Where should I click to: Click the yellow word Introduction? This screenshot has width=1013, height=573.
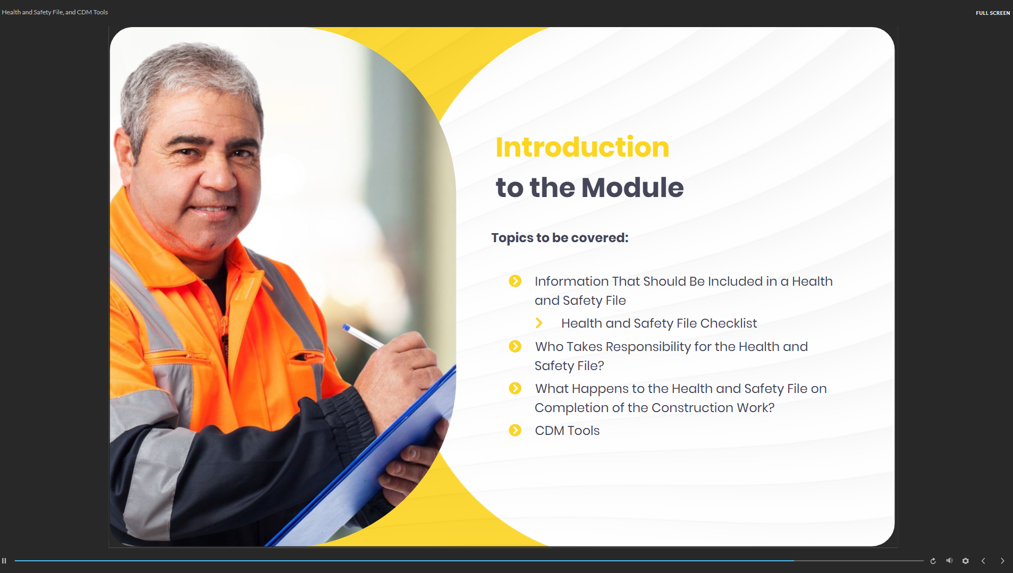click(x=582, y=147)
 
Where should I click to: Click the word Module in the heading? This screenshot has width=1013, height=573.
click(x=632, y=187)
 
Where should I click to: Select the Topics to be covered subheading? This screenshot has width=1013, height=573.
click(x=560, y=238)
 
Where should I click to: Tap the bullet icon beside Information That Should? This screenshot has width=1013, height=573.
click(x=515, y=281)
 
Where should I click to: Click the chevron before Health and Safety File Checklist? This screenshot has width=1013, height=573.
click(x=539, y=323)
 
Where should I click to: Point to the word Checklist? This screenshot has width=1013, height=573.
click(x=729, y=323)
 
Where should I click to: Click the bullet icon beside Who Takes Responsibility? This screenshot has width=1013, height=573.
click(x=515, y=346)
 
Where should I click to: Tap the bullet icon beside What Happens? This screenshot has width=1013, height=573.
click(x=515, y=388)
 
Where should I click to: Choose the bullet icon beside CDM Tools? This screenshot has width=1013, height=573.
click(x=515, y=430)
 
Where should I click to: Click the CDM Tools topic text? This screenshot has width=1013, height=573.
click(x=567, y=431)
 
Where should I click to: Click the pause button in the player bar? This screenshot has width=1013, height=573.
click(x=4, y=561)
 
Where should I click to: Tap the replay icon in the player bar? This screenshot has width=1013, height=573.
click(x=933, y=561)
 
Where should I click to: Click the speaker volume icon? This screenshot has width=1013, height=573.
click(x=949, y=561)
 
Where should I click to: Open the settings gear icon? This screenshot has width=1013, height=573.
click(x=966, y=561)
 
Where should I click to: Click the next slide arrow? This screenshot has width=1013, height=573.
click(x=1002, y=561)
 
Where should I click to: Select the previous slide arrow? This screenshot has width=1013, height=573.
click(x=983, y=561)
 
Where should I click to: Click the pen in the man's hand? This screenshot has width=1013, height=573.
click(x=363, y=336)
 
